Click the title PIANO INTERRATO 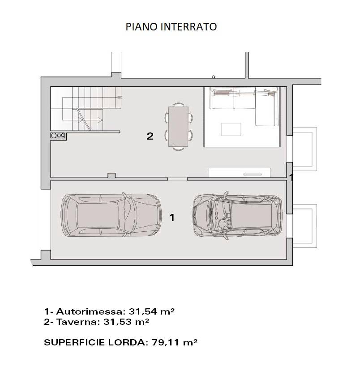click(171, 27)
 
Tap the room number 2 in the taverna click(150, 136)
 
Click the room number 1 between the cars click(171, 217)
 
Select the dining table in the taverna click(178, 126)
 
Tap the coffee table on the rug click(231, 129)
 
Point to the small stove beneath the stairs click(58, 135)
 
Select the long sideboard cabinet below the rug click(239, 172)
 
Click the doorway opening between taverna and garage click(177, 179)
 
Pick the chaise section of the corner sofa click(267, 110)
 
